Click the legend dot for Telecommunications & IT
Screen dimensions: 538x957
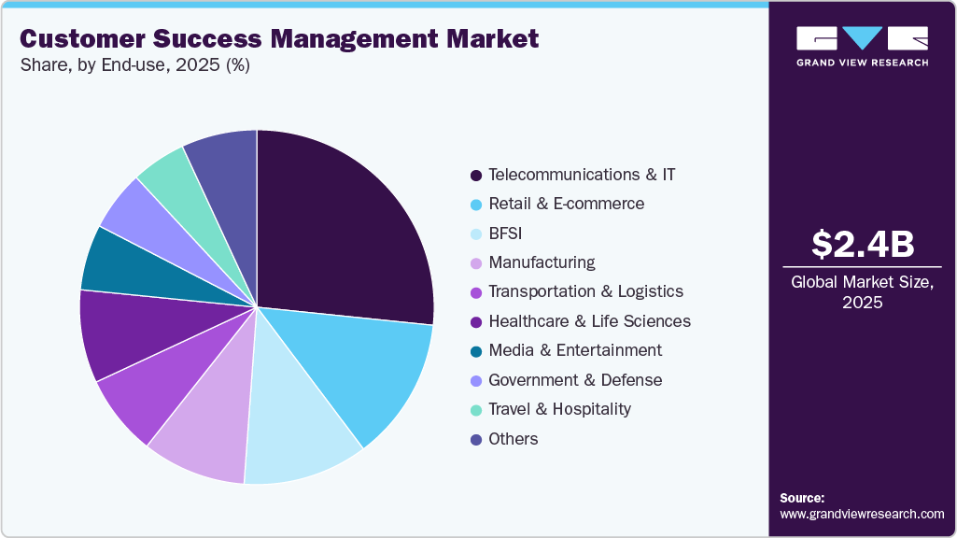(476, 175)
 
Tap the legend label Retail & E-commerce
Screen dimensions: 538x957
(566, 204)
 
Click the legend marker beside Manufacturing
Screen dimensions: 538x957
(476, 263)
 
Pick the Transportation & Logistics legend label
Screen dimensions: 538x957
(585, 292)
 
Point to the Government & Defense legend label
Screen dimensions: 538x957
(575, 380)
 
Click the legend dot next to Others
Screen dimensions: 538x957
(476, 439)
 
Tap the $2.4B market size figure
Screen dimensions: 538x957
(863, 245)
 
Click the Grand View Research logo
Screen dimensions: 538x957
(863, 46)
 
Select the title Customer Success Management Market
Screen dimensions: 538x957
(279, 39)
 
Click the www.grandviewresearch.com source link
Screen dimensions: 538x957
(862, 514)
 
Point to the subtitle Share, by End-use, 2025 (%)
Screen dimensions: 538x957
(134, 65)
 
